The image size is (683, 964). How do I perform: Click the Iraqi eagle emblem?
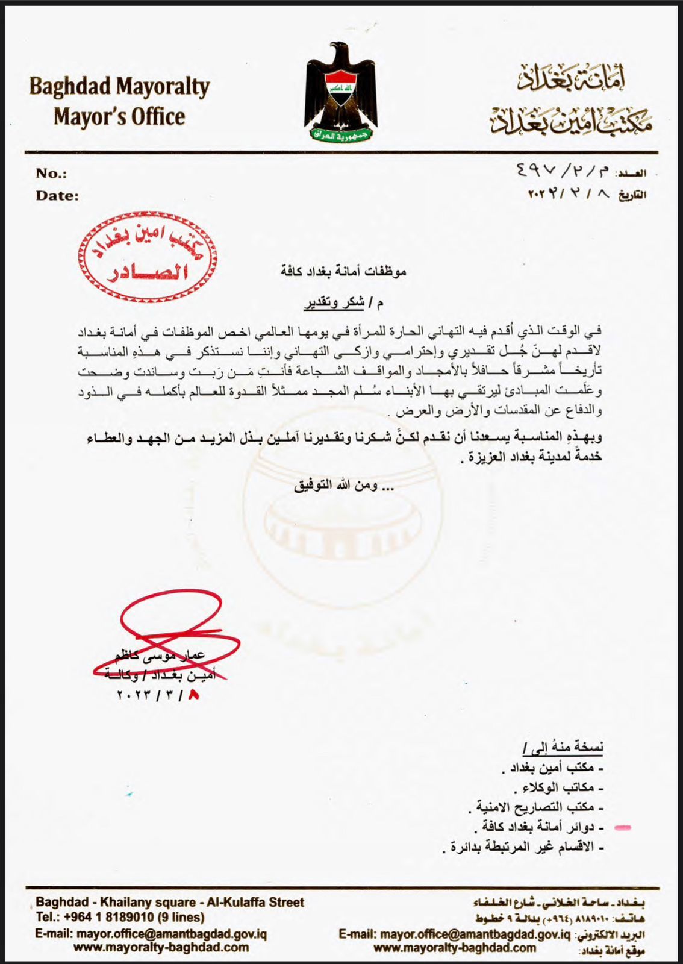[x=341, y=93]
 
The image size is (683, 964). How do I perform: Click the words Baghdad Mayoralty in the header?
[x=119, y=87]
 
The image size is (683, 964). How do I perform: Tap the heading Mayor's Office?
[x=119, y=116]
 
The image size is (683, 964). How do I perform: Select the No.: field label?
[x=51, y=174]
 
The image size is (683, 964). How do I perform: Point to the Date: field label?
[x=57, y=195]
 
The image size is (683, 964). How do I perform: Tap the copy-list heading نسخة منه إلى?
[x=563, y=748]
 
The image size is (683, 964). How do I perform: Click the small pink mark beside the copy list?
[x=624, y=828]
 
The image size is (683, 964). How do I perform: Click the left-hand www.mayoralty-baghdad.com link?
[x=161, y=947]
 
